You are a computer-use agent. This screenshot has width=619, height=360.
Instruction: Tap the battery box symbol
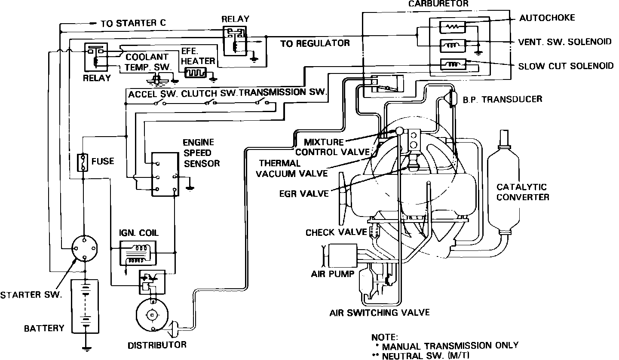pyautogui.click(x=86, y=306)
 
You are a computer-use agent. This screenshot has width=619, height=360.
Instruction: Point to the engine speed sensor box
pyautogui.click(x=165, y=174)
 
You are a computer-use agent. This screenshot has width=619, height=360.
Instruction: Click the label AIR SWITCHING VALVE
pyautogui.click(x=379, y=312)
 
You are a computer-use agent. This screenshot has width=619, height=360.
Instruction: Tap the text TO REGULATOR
pyautogui.click(x=315, y=43)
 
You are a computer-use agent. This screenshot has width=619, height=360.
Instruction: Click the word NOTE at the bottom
pyautogui.click(x=385, y=337)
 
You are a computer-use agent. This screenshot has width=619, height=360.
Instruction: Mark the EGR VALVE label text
pyautogui.click(x=303, y=193)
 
